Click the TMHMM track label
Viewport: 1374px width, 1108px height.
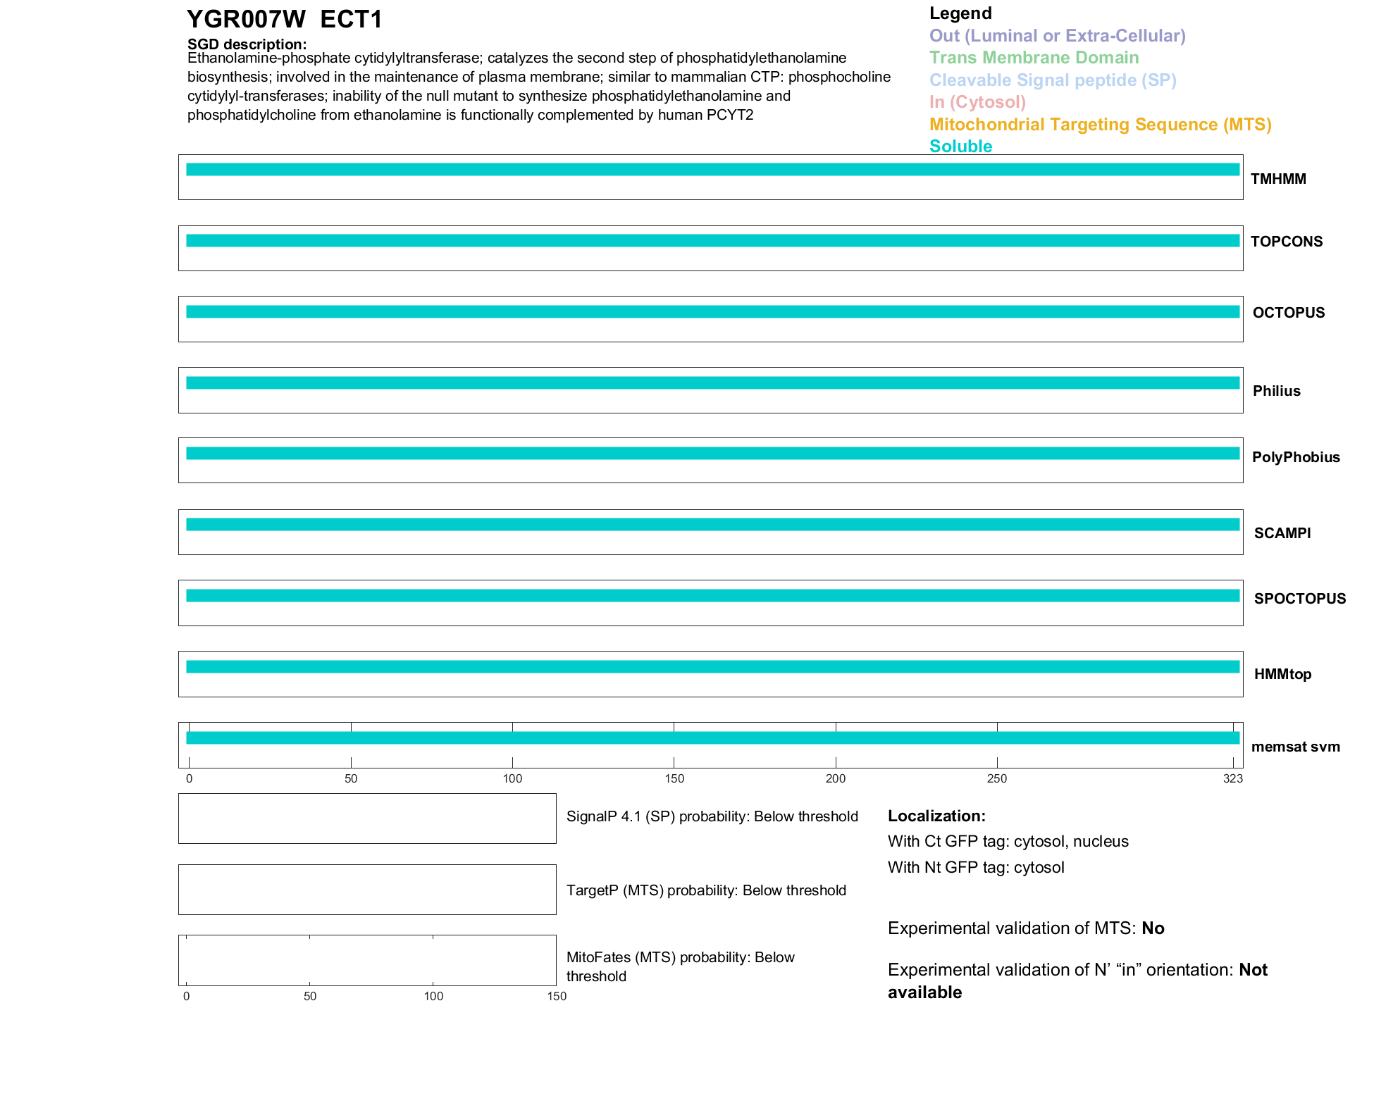[x=1277, y=179]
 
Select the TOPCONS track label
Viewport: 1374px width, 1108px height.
[x=1286, y=242]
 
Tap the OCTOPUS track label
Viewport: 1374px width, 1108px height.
[x=1288, y=313]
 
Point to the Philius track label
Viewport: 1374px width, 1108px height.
[x=1276, y=391]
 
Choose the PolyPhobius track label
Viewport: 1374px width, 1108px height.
[x=1295, y=457]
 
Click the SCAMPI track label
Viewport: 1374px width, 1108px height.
[x=1282, y=533]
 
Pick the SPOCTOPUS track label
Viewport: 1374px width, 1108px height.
[x=1299, y=599]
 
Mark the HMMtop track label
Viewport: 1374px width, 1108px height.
[x=1282, y=674]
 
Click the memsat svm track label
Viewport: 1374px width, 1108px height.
[x=1295, y=747]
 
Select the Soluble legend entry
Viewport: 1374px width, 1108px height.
[x=960, y=147]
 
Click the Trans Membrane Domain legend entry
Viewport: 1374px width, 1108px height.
[x=1034, y=58]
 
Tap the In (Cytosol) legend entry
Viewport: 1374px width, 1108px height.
[x=977, y=102]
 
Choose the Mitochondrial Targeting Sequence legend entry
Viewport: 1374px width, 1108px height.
[x=1100, y=125]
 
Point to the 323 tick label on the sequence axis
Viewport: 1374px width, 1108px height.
[x=1232, y=778]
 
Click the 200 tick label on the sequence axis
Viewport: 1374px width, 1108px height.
[x=836, y=778]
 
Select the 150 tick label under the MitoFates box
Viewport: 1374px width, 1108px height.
[x=557, y=996]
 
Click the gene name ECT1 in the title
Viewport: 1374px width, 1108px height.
[x=351, y=19]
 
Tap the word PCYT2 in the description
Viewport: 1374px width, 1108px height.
[x=730, y=115]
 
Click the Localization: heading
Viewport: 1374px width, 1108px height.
[x=936, y=816]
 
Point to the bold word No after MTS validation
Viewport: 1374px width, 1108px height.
[x=1153, y=928]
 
